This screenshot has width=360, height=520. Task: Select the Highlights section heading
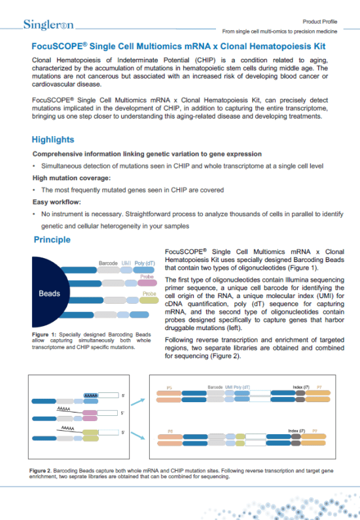pyautogui.click(x=53, y=139)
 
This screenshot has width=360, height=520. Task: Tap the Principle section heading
pyautogui.click(x=53, y=240)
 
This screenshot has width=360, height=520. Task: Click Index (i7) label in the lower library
pyautogui.click(x=298, y=430)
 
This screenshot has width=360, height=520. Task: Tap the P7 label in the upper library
pyautogui.click(x=319, y=388)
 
